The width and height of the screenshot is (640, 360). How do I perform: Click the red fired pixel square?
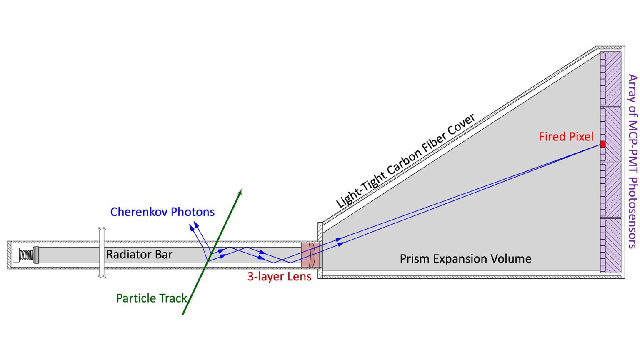pyautogui.click(x=602, y=144)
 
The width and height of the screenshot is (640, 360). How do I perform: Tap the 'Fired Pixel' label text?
pyautogui.click(x=566, y=137)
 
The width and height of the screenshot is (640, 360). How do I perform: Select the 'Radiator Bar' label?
pyautogui.click(x=139, y=255)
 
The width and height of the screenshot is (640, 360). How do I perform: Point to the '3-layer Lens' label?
pyautogui.click(x=279, y=277)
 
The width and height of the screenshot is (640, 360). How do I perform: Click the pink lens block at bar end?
pyautogui.click(x=310, y=255)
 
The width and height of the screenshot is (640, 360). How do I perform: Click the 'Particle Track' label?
pyautogui.click(x=152, y=298)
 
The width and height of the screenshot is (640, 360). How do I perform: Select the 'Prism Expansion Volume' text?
pyautogui.click(x=465, y=259)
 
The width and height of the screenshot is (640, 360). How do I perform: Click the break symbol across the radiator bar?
pyautogui.click(x=102, y=252)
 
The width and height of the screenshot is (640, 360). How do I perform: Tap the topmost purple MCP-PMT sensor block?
pyautogui.click(x=613, y=79)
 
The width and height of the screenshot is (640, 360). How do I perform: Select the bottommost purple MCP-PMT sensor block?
pyautogui.click(x=613, y=245)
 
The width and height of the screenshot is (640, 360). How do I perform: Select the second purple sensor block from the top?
pyautogui.click(x=613, y=134)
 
